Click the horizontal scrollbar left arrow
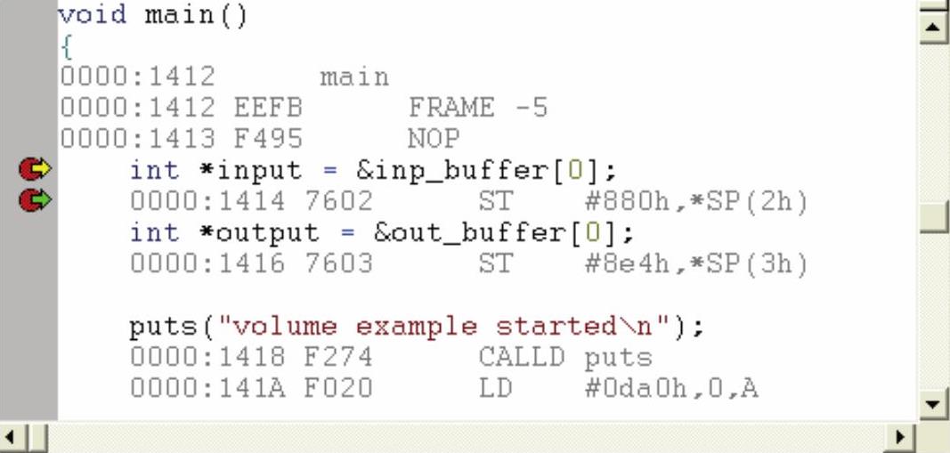coord(12,438)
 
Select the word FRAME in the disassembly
coord(451,109)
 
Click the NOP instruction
coord(434,140)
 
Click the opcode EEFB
coord(268,109)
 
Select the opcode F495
coord(268,140)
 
